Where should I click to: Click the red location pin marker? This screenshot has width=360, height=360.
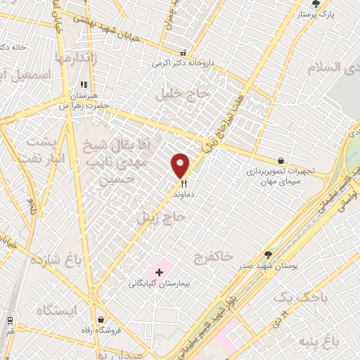pos(181,166)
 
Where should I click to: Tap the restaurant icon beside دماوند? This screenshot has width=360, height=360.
pos(183,184)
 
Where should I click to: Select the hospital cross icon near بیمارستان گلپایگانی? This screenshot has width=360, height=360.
pos(159,271)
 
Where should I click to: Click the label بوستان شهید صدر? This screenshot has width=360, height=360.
pos(268,266)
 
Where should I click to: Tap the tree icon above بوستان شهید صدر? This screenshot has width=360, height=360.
pos(267,255)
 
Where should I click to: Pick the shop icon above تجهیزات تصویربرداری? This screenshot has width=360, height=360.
pos(281,161)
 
